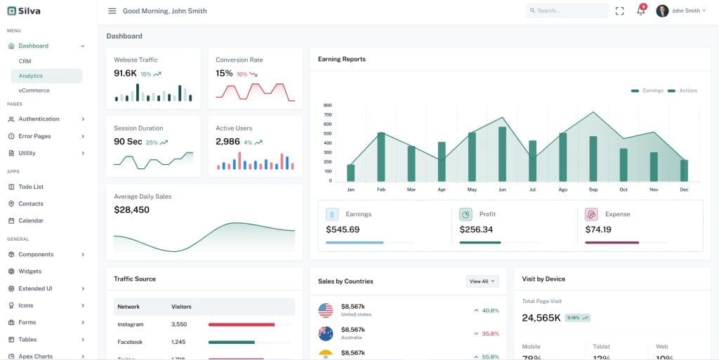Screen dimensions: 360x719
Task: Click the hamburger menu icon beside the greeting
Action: click(112, 11)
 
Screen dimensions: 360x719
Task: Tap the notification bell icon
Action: click(640, 11)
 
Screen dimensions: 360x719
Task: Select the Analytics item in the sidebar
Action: click(31, 76)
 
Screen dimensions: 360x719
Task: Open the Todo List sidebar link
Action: click(31, 187)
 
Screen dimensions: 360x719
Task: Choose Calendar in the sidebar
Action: click(31, 220)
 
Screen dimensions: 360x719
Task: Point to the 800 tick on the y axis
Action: click(327, 105)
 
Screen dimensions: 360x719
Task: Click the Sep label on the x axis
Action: click(593, 189)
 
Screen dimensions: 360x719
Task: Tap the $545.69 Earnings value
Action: click(343, 229)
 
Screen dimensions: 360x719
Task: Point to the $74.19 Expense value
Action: click(598, 229)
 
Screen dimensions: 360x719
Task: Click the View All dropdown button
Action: click(482, 281)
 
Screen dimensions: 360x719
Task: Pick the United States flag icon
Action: click(326, 309)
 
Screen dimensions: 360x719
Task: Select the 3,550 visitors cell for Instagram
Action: click(179, 324)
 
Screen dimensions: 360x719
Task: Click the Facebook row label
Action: click(130, 342)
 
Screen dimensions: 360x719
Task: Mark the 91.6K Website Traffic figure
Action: click(125, 73)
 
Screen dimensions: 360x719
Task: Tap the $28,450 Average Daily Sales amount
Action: click(131, 210)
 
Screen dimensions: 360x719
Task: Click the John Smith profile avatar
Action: click(662, 11)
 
